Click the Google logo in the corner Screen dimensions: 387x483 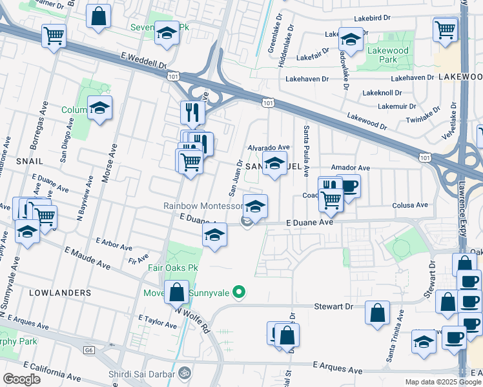(21, 379)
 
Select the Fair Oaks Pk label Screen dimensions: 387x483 (170, 268)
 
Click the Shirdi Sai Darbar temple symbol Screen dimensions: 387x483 (183, 372)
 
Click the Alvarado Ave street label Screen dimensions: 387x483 (269, 147)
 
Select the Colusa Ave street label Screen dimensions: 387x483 (410, 205)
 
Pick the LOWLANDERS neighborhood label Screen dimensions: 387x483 (60, 292)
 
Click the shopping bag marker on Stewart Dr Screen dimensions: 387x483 (377, 312)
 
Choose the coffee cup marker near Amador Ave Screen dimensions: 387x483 (349, 186)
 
